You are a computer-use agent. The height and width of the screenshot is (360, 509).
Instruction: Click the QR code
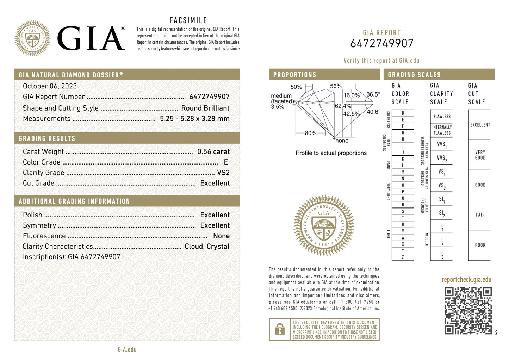tap(468, 310)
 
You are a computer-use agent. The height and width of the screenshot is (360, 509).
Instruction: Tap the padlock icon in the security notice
tap(280, 329)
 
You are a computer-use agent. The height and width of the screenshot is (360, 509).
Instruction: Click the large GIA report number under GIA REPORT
tap(381, 43)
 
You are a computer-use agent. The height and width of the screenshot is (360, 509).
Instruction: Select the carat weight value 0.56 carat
tap(213, 152)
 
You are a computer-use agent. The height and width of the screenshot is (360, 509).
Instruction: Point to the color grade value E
tap(226, 162)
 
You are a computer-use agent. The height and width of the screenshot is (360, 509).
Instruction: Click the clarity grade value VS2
tap(223, 173)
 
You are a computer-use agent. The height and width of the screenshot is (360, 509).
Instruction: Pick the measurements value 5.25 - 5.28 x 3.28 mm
tap(194, 119)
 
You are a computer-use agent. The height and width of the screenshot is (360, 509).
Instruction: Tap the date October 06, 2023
tap(50, 86)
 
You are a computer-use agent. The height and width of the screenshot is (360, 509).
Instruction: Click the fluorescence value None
tap(221, 236)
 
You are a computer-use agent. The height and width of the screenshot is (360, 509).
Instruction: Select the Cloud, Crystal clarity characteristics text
tap(207, 247)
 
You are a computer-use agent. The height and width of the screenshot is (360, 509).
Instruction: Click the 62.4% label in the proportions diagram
tap(343, 106)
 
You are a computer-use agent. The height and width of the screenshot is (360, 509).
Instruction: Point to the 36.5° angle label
tap(373, 94)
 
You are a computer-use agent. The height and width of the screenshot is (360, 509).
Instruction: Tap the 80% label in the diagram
tap(310, 133)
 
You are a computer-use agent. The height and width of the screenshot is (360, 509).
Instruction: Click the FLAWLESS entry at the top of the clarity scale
tap(442, 116)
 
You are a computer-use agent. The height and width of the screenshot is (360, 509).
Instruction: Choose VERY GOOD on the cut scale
tap(480, 155)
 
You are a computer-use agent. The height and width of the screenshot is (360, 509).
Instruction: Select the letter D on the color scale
tap(403, 113)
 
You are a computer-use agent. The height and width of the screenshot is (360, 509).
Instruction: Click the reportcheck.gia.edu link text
tap(466, 280)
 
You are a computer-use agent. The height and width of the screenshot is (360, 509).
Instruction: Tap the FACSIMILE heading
tap(188, 20)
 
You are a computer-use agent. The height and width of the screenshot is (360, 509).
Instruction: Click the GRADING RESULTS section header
tap(47, 138)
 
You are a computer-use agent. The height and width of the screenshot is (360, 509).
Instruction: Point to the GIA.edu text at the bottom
tap(127, 349)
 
